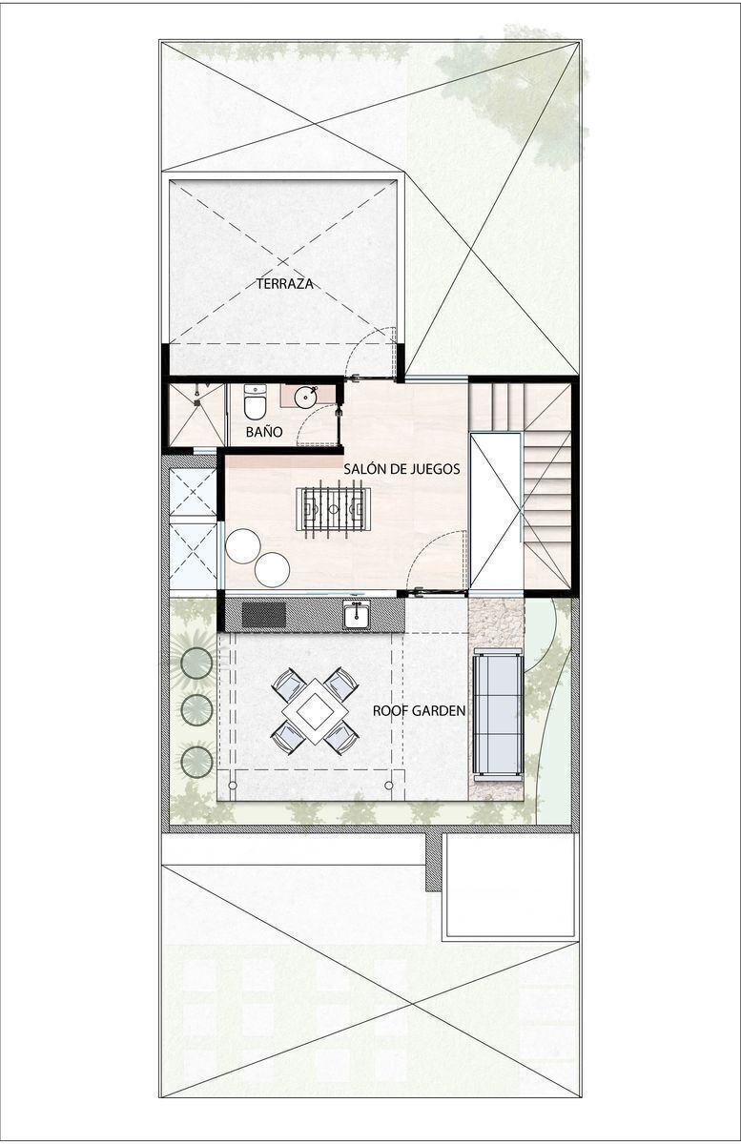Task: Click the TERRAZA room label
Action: [x=284, y=284]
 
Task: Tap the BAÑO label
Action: [x=264, y=432]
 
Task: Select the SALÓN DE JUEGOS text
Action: [x=401, y=468]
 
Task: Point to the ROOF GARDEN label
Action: [x=419, y=710]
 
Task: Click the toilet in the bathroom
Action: [x=255, y=401]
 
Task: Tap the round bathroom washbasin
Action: [x=306, y=398]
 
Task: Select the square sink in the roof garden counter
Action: [x=357, y=615]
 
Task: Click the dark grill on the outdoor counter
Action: [x=264, y=615]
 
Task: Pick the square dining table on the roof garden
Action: [x=315, y=710]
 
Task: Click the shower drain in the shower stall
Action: [x=196, y=402]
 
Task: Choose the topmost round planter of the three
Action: [x=196, y=663]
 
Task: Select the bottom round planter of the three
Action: [x=196, y=762]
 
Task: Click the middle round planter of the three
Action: [x=196, y=709]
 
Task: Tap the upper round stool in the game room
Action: [x=243, y=545]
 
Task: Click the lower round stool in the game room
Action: [x=273, y=569]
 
